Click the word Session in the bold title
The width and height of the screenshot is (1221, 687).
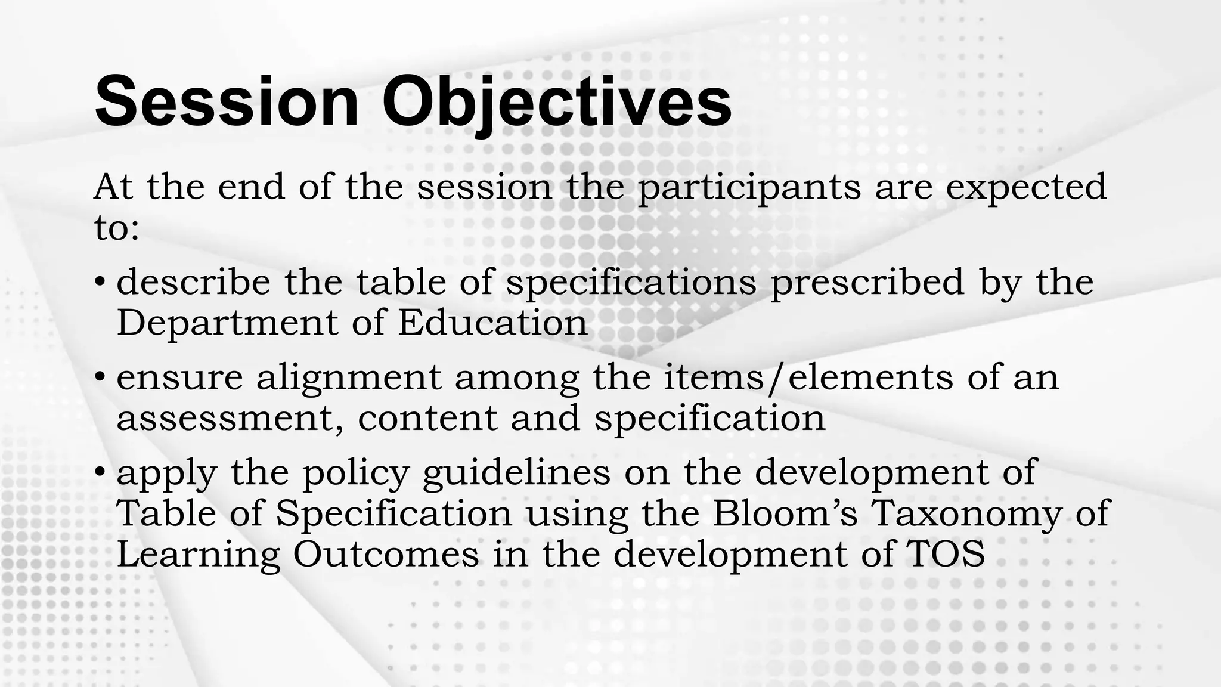(x=227, y=101)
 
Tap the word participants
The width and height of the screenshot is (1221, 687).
(x=749, y=187)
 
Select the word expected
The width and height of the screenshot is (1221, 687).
(x=1026, y=187)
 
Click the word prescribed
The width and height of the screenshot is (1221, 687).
(x=867, y=283)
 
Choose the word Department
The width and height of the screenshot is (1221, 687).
(x=227, y=323)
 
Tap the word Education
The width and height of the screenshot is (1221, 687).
(x=492, y=323)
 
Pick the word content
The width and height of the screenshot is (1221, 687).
(x=427, y=418)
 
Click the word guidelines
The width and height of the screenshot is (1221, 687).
(x=516, y=472)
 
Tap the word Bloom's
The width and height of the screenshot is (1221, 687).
(x=785, y=513)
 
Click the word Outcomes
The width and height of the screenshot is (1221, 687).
(x=386, y=554)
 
